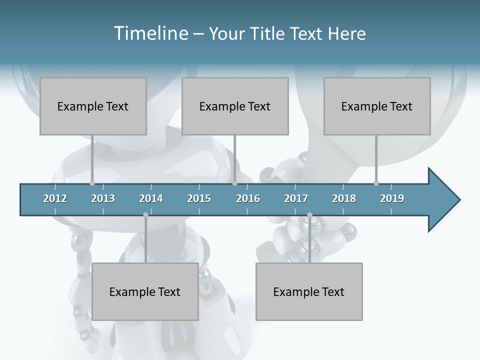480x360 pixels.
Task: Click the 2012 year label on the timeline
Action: (55, 198)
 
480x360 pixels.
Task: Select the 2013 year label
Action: (103, 198)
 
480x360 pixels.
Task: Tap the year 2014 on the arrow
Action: (151, 198)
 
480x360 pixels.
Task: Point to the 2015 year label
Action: (199, 198)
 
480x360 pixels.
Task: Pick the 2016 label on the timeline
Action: (248, 198)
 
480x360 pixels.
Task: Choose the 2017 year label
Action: (296, 198)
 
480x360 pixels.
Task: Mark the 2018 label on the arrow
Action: (344, 198)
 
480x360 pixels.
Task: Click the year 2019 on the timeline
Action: (392, 198)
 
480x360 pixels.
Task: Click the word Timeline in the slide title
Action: (150, 33)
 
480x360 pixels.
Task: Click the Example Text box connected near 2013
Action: (93, 106)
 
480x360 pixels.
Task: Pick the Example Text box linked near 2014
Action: (145, 291)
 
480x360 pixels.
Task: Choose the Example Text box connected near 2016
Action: (235, 106)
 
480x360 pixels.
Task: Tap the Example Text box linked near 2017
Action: (309, 291)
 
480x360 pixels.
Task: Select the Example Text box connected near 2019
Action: (377, 106)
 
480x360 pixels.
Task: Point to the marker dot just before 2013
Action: (92, 183)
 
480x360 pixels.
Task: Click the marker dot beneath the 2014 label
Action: (145, 214)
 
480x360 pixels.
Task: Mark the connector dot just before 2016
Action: (234, 183)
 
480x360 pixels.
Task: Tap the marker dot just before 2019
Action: (376, 183)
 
